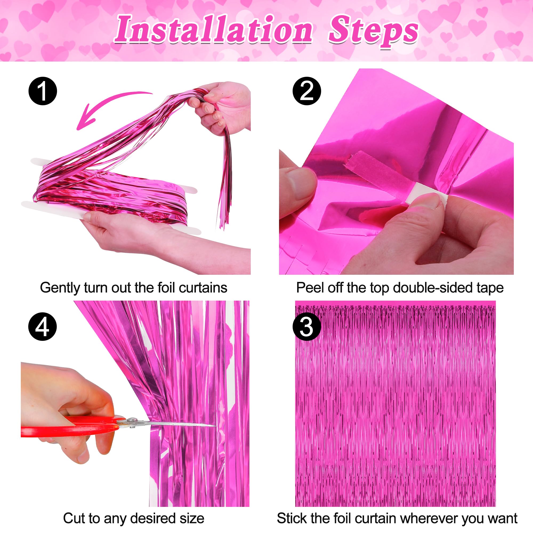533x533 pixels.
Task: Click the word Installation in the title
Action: pyautogui.click(x=214, y=30)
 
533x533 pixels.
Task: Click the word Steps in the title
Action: pyautogui.click(x=373, y=31)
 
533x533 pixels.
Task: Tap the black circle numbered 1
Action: pyautogui.click(x=43, y=91)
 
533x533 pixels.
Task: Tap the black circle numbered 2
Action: pyautogui.click(x=306, y=91)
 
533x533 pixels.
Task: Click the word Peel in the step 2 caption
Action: pyautogui.click(x=307, y=288)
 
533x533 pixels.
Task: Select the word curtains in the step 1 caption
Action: pyautogui.click(x=203, y=288)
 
